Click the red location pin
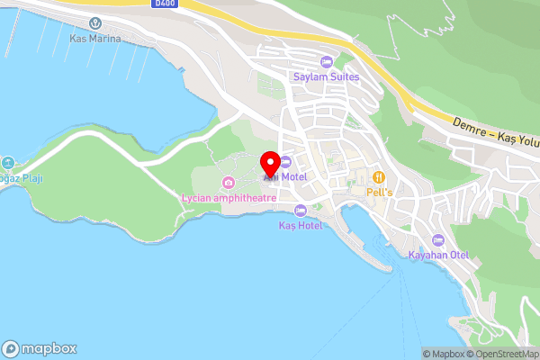pos(269,165)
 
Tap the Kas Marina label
pos(95,40)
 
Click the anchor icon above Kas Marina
pos(95,22)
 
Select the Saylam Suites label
pos(326,76)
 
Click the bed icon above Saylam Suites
pos(326,61)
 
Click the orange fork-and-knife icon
pos(380,177)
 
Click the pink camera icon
pos(229,183)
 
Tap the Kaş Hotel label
pos(301,225)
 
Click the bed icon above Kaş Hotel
pos(301,210)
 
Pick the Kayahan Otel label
pos(438,256)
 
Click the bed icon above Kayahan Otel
pos(438,240)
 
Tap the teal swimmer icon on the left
pos(7,163)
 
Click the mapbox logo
pos(40,348)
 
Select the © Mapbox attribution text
pos(446,354)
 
